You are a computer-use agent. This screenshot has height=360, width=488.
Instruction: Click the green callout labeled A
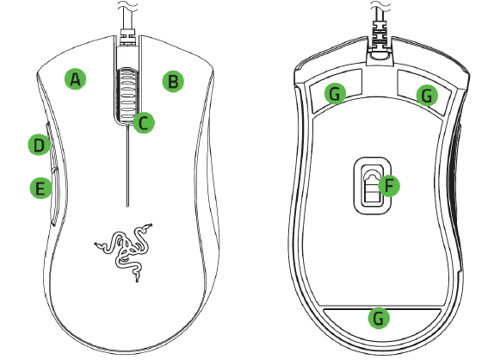coord(76,79)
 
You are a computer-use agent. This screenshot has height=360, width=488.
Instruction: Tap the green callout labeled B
coord(173,82)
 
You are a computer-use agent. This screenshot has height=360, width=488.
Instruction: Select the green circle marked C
coord(145,122)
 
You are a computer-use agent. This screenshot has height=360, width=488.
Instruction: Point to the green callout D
coord(37,146)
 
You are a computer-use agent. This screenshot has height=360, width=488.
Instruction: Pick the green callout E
coord(38,188)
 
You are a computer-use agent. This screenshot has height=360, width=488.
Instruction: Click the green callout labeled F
coord(388,185)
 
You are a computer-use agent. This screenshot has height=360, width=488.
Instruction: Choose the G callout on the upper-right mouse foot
coord(426,95)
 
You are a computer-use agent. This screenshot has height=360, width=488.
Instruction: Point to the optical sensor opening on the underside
coord(369,184)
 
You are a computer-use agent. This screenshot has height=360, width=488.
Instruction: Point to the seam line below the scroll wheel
coord(126,164)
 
